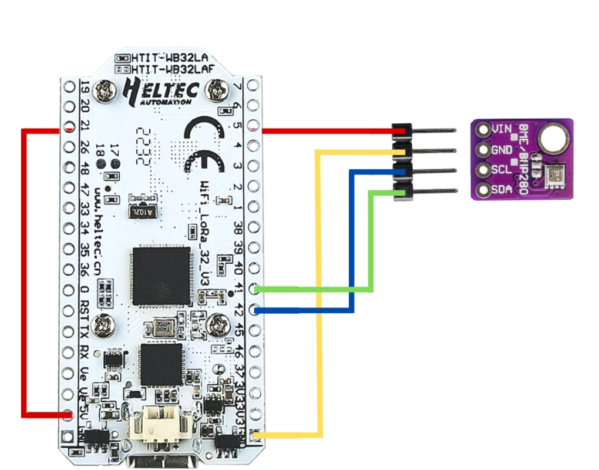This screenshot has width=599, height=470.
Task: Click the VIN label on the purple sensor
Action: [x=501, y=129]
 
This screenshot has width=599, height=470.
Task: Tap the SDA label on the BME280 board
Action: [x=501, y=190]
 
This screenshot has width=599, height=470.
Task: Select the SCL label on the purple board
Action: [x=501, y=170]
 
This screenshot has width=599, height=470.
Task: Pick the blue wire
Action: [x=351, y=247]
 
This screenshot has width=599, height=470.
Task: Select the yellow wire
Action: [x=319, y=294]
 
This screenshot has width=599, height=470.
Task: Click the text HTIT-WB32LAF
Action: [x=170, y=69]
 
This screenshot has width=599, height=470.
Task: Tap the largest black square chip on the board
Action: [x=161, y=276]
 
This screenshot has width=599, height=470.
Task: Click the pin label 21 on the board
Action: [x=85, y=126]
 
